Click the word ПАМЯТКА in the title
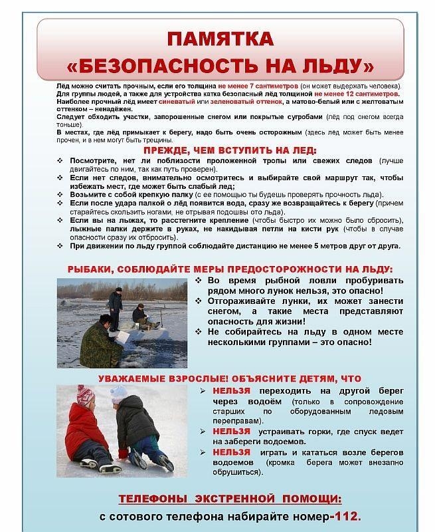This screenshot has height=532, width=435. pyautogui.click(x=219, y=39)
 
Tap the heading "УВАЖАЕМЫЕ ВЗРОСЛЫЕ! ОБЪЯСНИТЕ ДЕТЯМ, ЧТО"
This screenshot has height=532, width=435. pyautogui.click(x=229, y=378)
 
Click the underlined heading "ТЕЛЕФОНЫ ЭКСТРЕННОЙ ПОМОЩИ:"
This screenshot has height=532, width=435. pyautogui.click(x=230, y=498)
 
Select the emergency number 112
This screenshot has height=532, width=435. pyautogui.click(x=348, y=516)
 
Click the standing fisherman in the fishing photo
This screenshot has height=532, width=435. pyautogui.click(x=116, y=307)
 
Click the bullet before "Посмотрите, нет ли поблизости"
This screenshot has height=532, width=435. pyautogui.click(x=60, y=162)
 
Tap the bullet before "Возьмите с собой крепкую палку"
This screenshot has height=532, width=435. pyautogui.click(x=60, y=195)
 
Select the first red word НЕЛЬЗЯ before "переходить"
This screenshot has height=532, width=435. pyautogui.click(x=231, y=391)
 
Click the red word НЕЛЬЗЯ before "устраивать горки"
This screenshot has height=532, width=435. pyautogui.click(x=231, y=431)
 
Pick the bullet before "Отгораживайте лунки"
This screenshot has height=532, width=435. pyautogui.click(x=199, y=301)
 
